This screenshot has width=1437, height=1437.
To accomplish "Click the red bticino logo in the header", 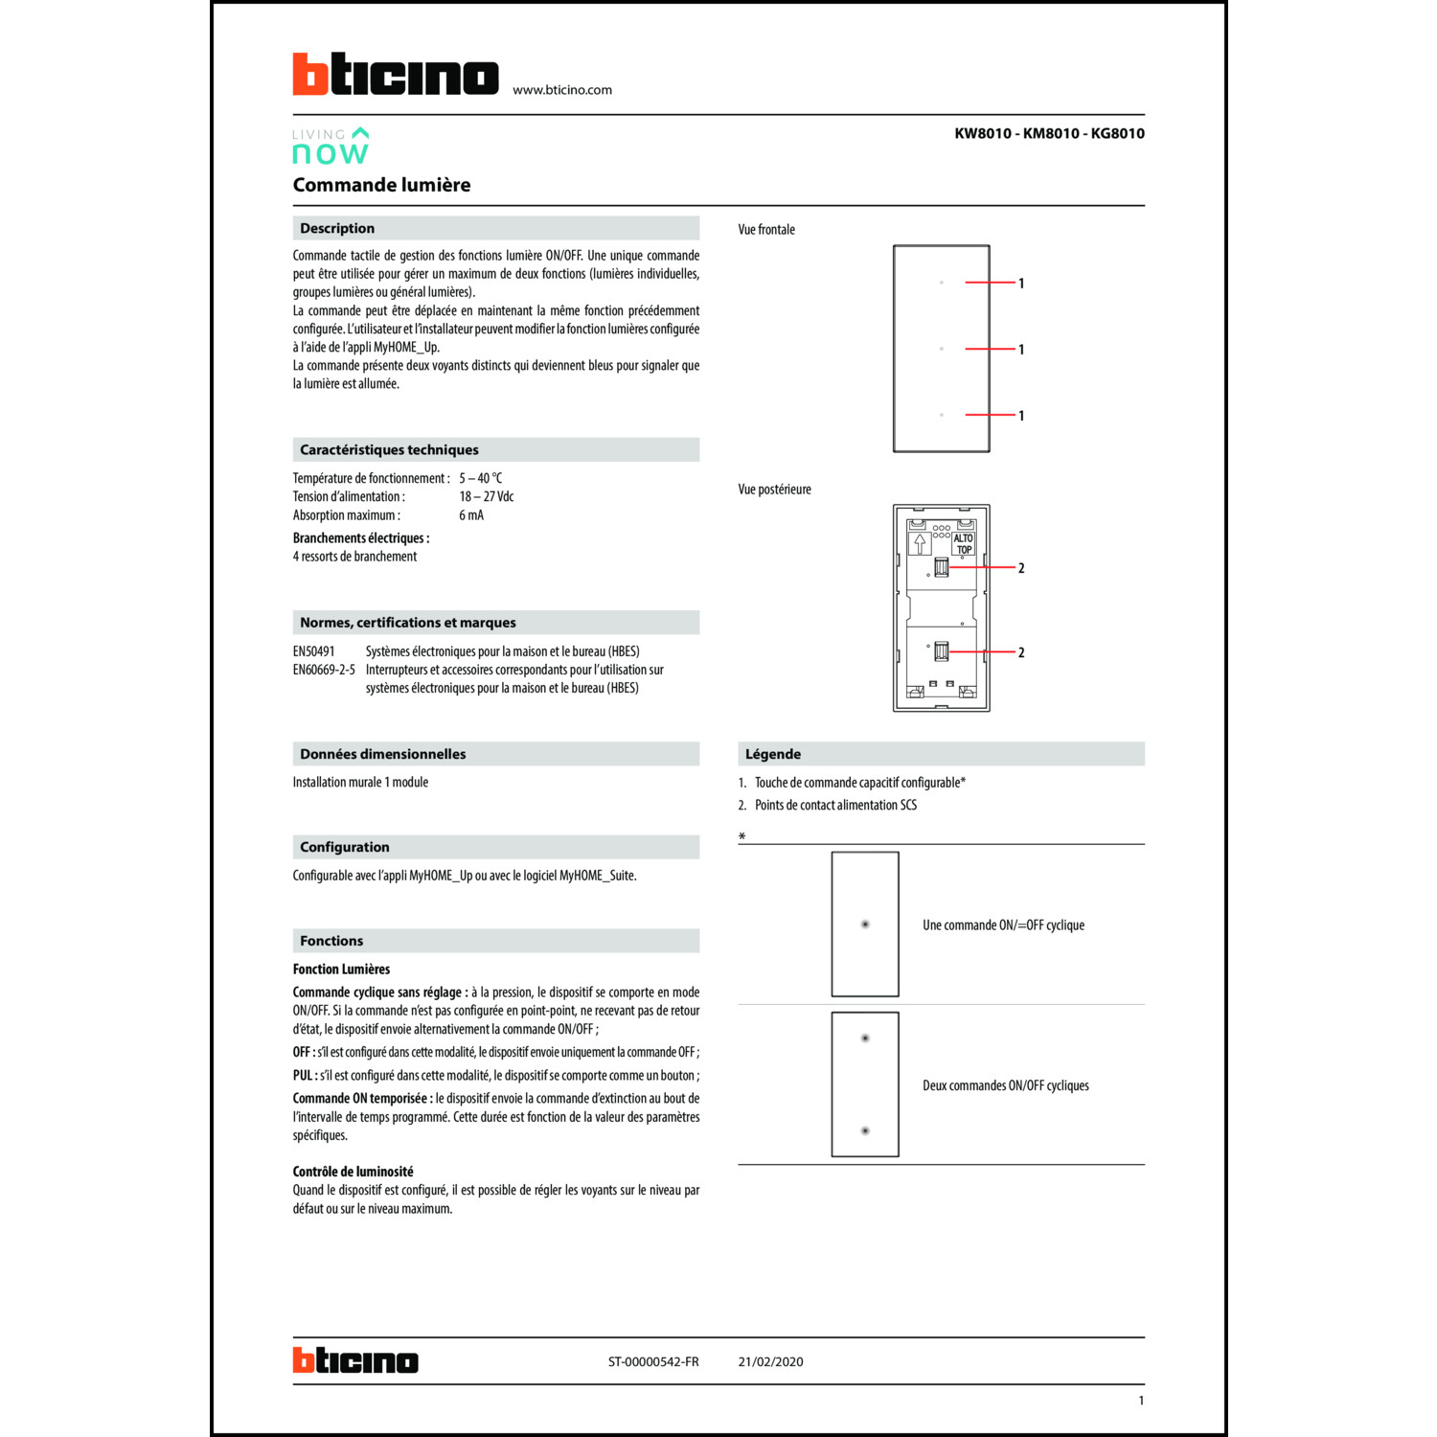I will click(395, 75).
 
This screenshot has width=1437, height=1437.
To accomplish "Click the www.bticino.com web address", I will click(561, 90).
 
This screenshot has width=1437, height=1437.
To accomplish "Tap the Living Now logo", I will click(331, 146).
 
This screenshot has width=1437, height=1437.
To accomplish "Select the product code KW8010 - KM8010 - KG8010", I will click(1049, 133).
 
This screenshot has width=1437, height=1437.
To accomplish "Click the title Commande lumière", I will click(381, 185).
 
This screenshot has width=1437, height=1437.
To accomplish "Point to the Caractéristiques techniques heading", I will click(389, 449).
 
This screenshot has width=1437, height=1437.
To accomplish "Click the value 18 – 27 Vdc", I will click(486, 496).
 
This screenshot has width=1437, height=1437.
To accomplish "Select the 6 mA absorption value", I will click(471, 515).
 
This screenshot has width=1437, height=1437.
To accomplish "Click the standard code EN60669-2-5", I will click(324, 670).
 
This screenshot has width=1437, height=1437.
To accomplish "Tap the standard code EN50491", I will click(314, 651).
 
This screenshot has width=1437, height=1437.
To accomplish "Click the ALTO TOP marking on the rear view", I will click(963, 544).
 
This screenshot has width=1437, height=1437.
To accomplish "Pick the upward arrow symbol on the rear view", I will click(920, 544).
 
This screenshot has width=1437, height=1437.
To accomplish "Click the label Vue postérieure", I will click(774, 490).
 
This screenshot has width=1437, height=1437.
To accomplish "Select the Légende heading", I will click(773, 754).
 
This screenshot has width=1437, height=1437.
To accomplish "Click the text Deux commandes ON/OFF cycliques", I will click(1005, 1085).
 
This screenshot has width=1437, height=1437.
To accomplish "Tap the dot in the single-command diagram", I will click(865, 924).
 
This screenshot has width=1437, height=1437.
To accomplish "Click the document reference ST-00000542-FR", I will click(653, 1361).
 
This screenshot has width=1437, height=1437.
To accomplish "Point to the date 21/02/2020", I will click(770, 1361).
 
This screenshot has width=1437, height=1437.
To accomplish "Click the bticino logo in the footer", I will click(355, 1360).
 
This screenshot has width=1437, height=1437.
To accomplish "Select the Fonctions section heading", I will click(331, 941).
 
